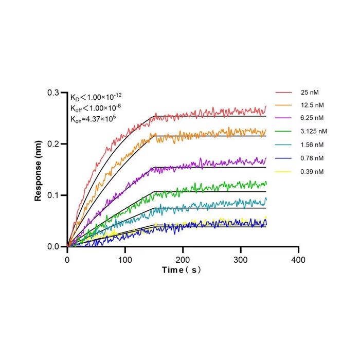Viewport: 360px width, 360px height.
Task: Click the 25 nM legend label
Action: (310, 92)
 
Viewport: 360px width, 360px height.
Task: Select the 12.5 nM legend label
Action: (312, 105)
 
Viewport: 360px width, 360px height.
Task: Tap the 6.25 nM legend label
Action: (312, 118)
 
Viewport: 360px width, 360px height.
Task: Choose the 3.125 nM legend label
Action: (314, 131)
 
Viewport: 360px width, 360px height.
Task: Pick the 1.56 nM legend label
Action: (312, 145)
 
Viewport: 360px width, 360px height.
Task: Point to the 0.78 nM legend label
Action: (312, 158)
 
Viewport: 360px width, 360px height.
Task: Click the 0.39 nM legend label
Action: (312, 171)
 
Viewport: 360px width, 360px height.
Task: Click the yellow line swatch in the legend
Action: (283, 171)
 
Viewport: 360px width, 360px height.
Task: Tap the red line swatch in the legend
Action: (283, 92)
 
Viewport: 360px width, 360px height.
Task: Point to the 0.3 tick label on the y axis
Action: (53, 93)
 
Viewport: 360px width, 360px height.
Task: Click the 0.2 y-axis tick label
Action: (53, 144)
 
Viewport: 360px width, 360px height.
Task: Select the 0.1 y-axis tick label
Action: (53, 195)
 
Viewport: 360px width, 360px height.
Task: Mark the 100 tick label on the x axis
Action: (125, 260)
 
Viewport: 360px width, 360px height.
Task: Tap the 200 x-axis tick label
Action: (183, 260)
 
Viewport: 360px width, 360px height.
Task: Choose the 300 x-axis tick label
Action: (240, 260)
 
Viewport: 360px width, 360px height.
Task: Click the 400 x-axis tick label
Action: (298, 260)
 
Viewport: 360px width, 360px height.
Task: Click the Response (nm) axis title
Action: (38, 171)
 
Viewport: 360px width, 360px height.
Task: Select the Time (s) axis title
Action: (182, 270)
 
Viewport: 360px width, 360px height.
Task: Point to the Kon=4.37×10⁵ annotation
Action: (93, 119)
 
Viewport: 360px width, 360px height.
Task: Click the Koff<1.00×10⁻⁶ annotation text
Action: (96, 108)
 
